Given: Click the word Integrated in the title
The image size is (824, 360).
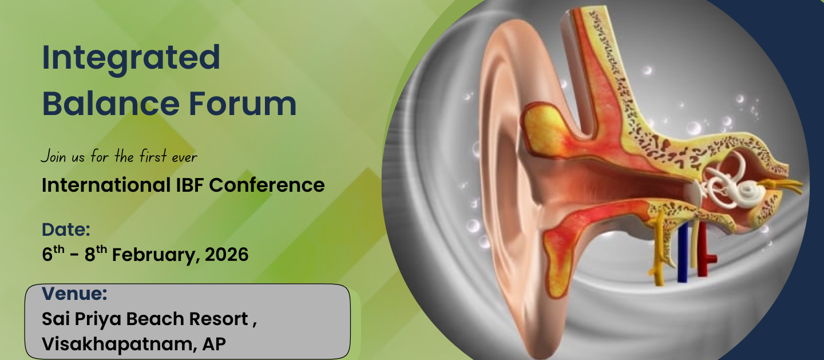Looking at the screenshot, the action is [x=131, y=59].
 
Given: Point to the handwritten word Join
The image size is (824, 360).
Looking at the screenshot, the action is [x=53, y=156].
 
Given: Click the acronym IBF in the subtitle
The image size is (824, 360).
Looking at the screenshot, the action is [x=190, y=185].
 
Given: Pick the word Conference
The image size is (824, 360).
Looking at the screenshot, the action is [x=267, y=185].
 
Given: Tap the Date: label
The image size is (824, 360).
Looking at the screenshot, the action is [x=66, y=230].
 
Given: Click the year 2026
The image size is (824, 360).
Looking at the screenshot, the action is [x=227, y=254].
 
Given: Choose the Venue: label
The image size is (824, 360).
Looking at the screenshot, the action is [x=74, y=294].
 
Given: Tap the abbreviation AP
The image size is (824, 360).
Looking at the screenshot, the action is [x=214, y=344].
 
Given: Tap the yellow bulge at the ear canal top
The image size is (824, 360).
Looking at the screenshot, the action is [x=544, y=129].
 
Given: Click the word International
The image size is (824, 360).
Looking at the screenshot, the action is [x=106, y=185].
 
